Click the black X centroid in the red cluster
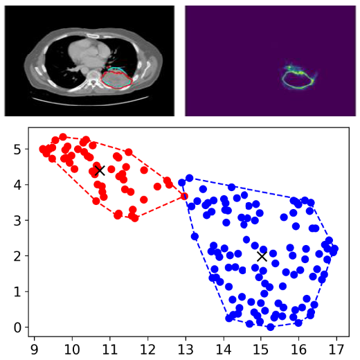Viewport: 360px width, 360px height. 100,170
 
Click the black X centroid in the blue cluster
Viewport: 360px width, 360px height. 262,256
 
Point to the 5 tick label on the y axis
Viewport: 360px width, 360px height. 17,150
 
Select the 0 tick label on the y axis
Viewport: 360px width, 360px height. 17,327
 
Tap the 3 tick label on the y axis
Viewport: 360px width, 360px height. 17,221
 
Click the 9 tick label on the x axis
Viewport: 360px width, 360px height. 35,350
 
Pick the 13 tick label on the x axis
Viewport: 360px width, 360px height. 186,350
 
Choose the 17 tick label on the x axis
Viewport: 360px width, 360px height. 336,350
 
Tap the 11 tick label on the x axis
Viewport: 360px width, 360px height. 110,350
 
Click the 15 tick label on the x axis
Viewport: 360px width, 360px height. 261,350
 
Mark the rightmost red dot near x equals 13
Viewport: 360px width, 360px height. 184,197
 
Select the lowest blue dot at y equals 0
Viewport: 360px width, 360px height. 271,327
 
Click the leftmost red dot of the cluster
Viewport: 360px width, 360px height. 43,149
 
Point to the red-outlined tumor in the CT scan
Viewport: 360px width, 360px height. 116,79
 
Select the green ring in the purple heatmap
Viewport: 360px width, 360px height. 298,80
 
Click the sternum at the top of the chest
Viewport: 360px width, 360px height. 94,36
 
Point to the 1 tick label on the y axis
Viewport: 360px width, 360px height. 17,292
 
